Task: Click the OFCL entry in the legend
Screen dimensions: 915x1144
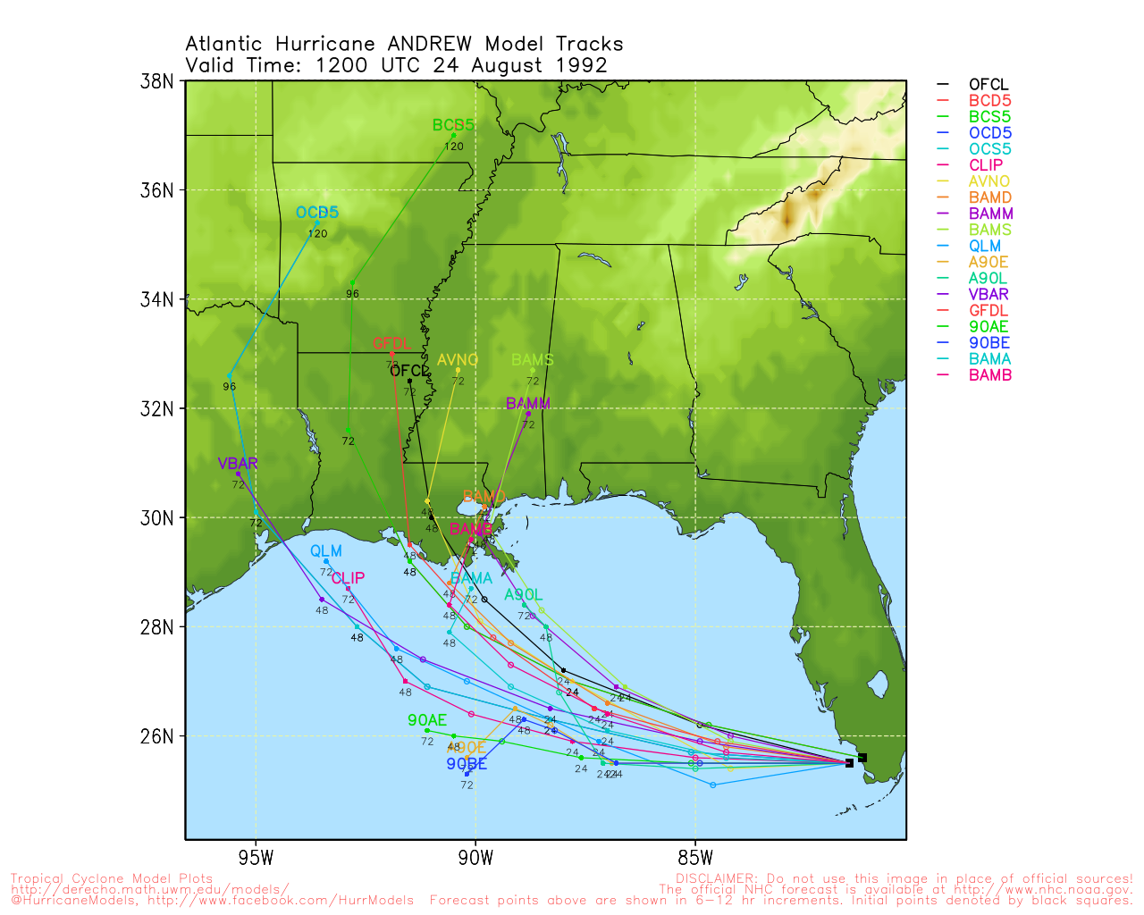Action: point(988,85)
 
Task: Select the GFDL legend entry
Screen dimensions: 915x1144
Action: point(988,311)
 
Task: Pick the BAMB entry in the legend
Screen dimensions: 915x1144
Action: point(990,375)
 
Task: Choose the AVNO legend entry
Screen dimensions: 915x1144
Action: point(988,181)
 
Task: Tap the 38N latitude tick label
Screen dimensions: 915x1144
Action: point(157,81)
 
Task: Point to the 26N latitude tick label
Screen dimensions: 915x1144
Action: point(157,736)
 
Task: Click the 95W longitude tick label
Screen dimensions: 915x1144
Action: point(256,859)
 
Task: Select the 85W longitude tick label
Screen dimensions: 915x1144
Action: point(695,859)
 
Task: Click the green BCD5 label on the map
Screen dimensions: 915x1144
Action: point(453,125)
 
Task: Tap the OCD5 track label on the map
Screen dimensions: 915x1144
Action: point(317,213)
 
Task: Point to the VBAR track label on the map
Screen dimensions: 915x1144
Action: point(238,464)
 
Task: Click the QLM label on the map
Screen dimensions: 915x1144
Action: point(326,551)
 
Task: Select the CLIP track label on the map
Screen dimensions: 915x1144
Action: point(348,579)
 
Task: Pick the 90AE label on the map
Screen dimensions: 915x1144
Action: point(427,720)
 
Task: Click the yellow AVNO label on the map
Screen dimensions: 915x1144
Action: point(458,360)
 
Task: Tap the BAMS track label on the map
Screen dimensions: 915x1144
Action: point(533,360)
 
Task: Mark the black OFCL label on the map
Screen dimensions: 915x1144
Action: point(409,371)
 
